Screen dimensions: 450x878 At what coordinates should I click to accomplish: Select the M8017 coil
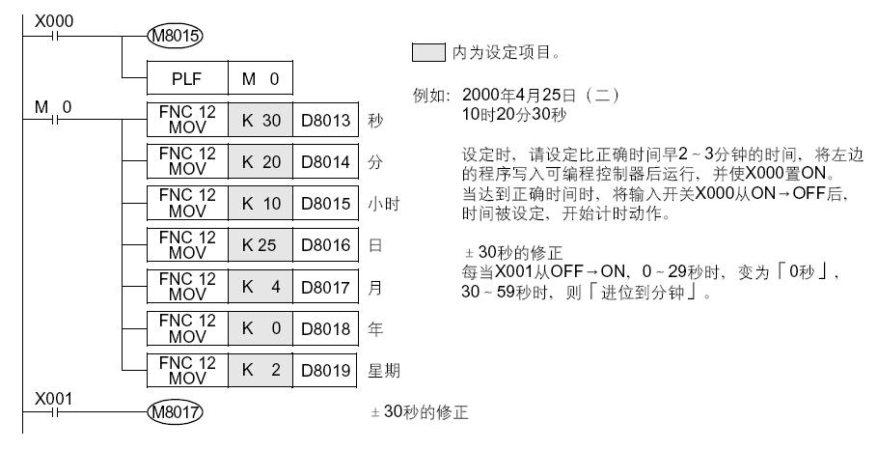click(171, 412)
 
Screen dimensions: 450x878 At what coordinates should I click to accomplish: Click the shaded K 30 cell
click(258, 121)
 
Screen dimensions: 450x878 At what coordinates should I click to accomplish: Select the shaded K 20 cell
click(258, 162)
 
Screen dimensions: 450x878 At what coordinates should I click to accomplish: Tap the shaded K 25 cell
click(258, 245)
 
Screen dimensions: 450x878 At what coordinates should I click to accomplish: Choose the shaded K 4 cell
click(258, 287)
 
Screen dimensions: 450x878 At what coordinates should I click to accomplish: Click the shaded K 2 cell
click(258, 370)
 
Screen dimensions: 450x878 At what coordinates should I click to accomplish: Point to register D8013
click(321, 121)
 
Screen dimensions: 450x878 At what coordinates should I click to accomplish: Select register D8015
click(321, 204)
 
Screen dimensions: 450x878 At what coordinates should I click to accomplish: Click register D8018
click(321, 328)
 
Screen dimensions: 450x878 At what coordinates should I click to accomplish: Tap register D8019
click(321, 370)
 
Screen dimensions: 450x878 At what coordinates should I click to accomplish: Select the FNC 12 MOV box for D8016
click(185, 245)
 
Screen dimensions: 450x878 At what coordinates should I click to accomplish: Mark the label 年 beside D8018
click(375, 329)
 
